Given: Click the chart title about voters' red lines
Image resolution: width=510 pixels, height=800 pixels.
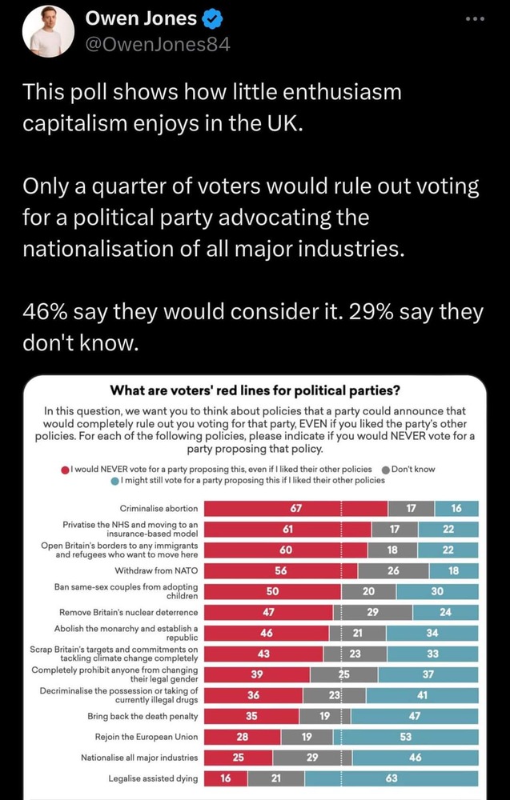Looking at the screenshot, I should click(x=255, y=391).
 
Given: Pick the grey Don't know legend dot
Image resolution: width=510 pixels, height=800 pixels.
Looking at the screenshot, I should click(x=386, y=469).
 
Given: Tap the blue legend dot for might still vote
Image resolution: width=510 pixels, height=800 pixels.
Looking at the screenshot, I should click(x=116, y=480).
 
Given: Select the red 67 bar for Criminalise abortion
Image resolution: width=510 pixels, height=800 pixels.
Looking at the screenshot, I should click(x=295, y=508).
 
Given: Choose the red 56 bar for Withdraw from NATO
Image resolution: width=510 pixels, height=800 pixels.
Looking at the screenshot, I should click(x=280, y=570).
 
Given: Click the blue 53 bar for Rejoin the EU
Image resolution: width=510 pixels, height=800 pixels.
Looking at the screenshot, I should click(x=406, y=737).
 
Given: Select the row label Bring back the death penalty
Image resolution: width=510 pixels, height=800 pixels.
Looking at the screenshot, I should click(x=143, y=716).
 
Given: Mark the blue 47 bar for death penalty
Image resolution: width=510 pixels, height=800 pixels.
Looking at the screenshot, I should click(x=414, y=716).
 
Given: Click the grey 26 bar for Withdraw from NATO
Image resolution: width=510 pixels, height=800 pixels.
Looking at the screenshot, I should click(x=393, y=570).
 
